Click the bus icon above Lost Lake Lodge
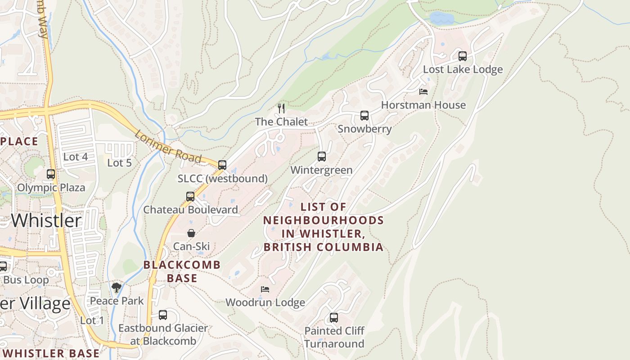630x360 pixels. (x=463, y=56)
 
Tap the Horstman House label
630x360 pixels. (x=423, y=105)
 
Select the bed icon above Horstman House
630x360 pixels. (x=423, y=92)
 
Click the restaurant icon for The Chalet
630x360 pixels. (x=281, y=108)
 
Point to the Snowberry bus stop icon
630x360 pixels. (x=364, y=116)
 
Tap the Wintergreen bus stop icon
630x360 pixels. (x=321, y=157)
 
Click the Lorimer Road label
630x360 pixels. (x=168, y=146)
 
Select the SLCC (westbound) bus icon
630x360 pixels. (x=222, y=165)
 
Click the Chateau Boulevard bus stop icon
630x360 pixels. (x=190, y=197)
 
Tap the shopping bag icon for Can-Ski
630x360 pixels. (x=191, y=233)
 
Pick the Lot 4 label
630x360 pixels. (x=75, y=157)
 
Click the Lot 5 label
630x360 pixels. (x=119, y=163)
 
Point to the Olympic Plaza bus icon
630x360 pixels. (x=51, y=174)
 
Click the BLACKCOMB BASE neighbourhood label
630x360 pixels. (x=182, y=271)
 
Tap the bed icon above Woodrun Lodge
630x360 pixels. (x=265, y=289)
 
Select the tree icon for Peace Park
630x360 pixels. (x=117, y=287)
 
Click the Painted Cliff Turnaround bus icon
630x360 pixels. (x=334, y=318)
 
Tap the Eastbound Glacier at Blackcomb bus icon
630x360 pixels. (x=163, y=315)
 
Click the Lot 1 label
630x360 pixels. (x=92, y=320)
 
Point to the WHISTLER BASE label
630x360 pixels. (x=50, y=353)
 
